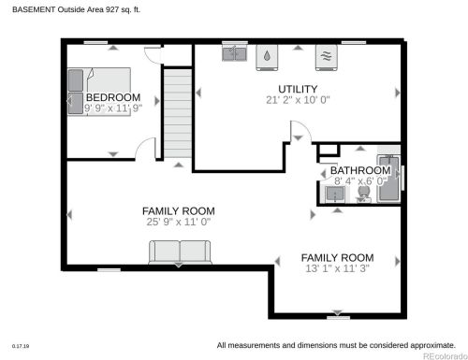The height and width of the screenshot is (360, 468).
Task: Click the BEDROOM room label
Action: pos(113,97)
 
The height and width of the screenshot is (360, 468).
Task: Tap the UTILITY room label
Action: pos(298,89)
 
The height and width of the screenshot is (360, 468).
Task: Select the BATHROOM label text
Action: pos(360,170)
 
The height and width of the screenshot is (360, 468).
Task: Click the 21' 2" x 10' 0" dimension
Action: pos(298,100)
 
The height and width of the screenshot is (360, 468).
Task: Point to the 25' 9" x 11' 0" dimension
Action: pos(179,222)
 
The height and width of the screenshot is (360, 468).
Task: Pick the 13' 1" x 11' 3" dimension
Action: pos(337,268)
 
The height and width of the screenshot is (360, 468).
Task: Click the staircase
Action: pos(178,113)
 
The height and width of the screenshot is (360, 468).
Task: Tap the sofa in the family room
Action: pos(180,252)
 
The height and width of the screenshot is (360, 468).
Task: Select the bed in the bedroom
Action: pos(99,92)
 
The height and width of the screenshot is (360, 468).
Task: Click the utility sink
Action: pos(234,53)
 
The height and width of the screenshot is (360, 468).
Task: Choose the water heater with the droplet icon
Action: pos(267,57)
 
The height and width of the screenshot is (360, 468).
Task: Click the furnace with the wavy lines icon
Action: pos(326,57)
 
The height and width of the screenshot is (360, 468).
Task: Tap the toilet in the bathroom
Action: pos(364,194)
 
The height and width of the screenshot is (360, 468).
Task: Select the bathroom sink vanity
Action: pos(335,194)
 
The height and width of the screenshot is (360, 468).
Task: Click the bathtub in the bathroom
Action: pos(388,179)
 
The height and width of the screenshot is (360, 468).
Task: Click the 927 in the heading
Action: pos(112,9)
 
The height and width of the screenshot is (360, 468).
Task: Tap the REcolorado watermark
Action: pos(445,356)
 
